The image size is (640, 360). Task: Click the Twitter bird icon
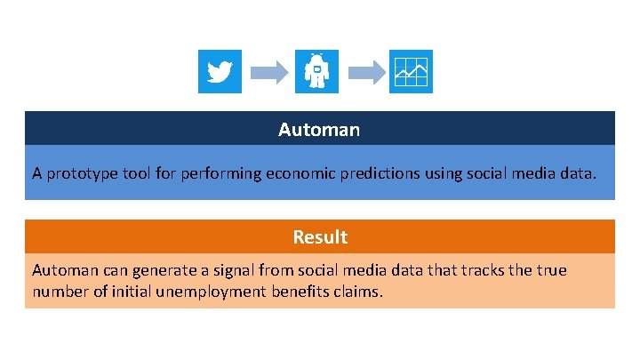pyautogui.click(x=220, y=71)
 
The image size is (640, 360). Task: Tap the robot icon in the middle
pyautogui.click(x=317, y=71)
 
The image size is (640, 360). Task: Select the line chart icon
pyautogui.click(x=412, y=71)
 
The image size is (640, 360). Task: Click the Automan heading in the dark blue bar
pyautogui.click(x=319, y=130)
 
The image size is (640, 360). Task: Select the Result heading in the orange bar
pyautogui.click(x=320, y=237)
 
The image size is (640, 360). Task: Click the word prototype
pyautogui.click(x=80, y=173)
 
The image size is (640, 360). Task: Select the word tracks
pyautogui.click(x=485, y=269)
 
